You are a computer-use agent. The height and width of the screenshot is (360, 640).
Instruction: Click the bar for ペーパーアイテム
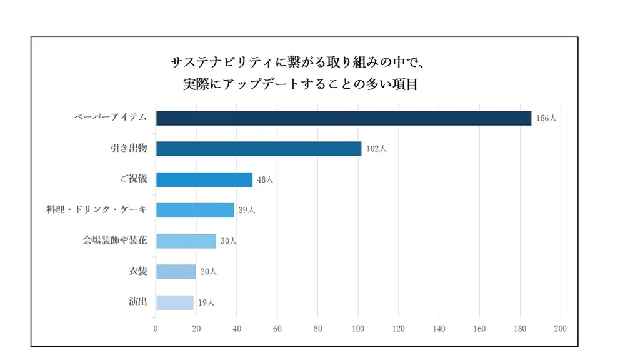pos(343,118)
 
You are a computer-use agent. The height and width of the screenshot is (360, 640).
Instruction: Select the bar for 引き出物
pos(258,149)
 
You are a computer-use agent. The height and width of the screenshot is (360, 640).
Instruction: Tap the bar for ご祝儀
pos(204,179)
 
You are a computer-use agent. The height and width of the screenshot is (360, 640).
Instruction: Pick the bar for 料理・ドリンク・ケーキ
pos(194,210)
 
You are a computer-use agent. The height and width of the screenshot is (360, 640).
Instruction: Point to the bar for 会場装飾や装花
pos(186,241)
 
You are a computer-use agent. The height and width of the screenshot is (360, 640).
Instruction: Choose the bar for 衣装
pos(176,271)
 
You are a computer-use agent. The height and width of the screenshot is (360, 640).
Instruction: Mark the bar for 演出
pos(174,302)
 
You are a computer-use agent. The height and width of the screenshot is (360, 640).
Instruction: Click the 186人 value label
pos(546,118)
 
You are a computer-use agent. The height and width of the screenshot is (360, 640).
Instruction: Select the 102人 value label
pos(376,149)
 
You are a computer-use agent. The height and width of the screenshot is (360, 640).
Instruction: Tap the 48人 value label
pos(265,180)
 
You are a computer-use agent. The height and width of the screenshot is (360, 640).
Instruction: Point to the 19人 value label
pos(206,302)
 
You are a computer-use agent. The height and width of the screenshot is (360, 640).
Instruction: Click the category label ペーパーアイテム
pos(111,117)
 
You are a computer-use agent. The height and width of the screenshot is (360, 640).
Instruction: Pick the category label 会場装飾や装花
pos(116,240)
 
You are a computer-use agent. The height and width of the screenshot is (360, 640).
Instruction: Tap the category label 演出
pos(138,301)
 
